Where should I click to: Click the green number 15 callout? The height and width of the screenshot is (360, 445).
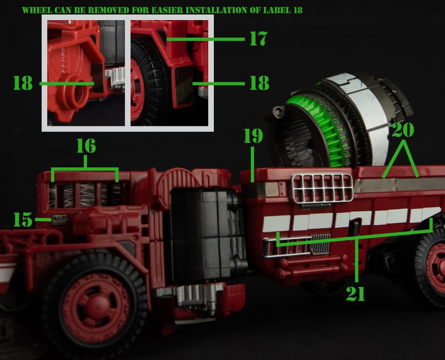[23, 220]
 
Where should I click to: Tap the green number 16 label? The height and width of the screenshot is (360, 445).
[86, 146]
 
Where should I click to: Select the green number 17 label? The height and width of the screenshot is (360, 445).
[258, 38]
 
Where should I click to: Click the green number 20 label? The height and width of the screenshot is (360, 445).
[403, 130]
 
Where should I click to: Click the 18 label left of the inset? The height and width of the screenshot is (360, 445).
[23, 83]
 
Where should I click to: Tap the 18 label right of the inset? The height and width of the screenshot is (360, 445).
[259, 83]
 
